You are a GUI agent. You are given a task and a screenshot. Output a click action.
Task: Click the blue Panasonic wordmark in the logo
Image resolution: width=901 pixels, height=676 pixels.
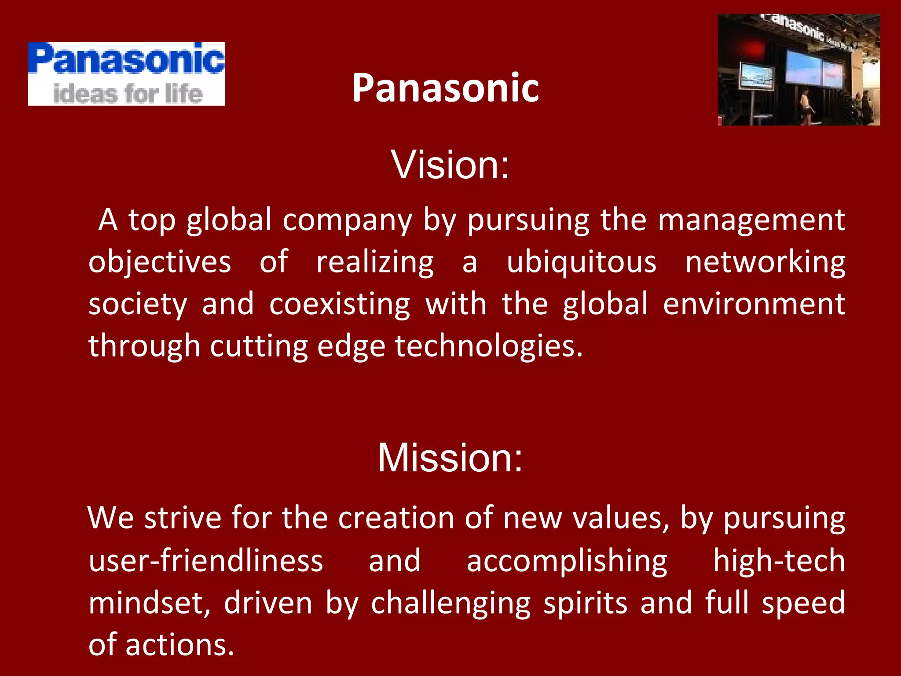127,59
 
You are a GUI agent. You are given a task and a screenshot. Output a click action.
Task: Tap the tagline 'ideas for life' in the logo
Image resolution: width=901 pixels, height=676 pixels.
128,93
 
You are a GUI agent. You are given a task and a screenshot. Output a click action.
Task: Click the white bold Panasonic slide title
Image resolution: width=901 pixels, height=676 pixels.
445,88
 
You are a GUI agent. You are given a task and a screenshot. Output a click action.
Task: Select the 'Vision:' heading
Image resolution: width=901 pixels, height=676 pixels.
450,165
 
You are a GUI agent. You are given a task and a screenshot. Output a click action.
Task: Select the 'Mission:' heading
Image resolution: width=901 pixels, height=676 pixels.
450,458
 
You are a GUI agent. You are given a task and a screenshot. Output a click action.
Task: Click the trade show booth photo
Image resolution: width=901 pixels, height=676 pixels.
798,70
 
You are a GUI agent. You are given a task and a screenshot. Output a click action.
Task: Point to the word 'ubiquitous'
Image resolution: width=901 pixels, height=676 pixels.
581,262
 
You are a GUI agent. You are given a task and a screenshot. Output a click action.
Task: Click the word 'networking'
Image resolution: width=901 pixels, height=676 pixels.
765,262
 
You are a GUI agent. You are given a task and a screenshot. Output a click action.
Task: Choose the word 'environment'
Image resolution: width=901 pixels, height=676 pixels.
754,304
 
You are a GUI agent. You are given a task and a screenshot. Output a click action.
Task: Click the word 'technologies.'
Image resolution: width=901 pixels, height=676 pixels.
489,346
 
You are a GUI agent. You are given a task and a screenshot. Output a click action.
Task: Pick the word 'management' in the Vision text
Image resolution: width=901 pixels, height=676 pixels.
751,220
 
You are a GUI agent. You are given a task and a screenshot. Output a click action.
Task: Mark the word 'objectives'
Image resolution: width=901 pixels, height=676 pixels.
160,262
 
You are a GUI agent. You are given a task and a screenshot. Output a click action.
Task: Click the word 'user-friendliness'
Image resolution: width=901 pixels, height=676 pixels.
206,561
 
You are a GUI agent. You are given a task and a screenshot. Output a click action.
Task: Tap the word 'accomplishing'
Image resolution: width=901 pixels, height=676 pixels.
567,562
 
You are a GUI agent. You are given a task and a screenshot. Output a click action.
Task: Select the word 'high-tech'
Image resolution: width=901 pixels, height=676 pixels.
779,561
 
